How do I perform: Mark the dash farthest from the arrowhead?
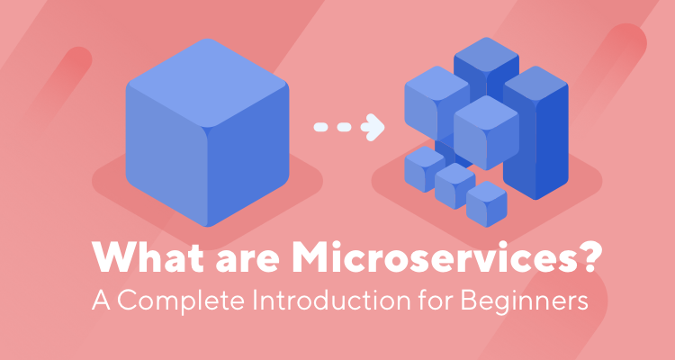tap(320, 126)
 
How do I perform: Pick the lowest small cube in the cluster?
tap(486, 204)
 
